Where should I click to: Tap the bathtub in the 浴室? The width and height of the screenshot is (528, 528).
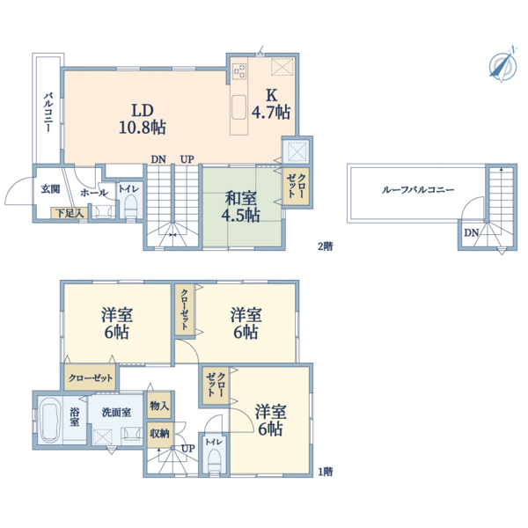pos(49,420)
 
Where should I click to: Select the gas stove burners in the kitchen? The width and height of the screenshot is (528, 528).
pos(239,71)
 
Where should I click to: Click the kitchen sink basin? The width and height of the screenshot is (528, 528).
pos(238,106)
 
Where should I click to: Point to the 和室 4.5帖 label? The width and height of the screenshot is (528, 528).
pos(240,207)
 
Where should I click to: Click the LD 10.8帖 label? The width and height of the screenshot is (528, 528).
pos(143,119)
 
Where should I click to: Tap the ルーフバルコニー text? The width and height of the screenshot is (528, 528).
pos(417,190)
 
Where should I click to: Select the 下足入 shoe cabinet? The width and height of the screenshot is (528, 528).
pos(70,213)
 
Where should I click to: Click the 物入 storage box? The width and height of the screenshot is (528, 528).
pos(159,406)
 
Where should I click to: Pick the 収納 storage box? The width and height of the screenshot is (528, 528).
pos(159,434)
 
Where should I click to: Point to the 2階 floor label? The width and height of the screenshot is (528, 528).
pos(326,246)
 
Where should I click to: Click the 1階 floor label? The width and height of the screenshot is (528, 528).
pos(326,472)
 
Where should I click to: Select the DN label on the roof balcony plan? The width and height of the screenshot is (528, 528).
pos(471,232)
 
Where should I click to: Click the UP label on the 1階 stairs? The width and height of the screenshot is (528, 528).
pos(187,449)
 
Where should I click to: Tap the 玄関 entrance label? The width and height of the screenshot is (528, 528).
pos(50,189)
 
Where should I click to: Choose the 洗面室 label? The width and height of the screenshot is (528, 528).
pos(116,412)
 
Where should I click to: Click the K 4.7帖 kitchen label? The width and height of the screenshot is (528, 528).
pos(271,103)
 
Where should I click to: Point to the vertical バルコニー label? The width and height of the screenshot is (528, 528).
pos(48,112)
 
